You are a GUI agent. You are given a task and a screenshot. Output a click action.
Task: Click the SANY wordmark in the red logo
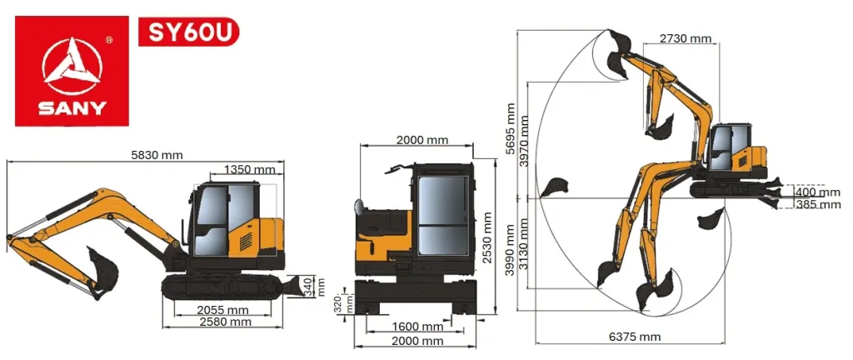(x=72, y=108)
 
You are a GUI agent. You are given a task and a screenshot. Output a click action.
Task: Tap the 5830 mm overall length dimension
(x=157, y=154)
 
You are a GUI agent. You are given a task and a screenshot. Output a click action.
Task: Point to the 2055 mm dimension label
(x=222, y=310)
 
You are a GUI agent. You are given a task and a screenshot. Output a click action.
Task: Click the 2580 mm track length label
(x=225, y=322)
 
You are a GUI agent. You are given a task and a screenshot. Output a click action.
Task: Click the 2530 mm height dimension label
(x=488, y=237)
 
